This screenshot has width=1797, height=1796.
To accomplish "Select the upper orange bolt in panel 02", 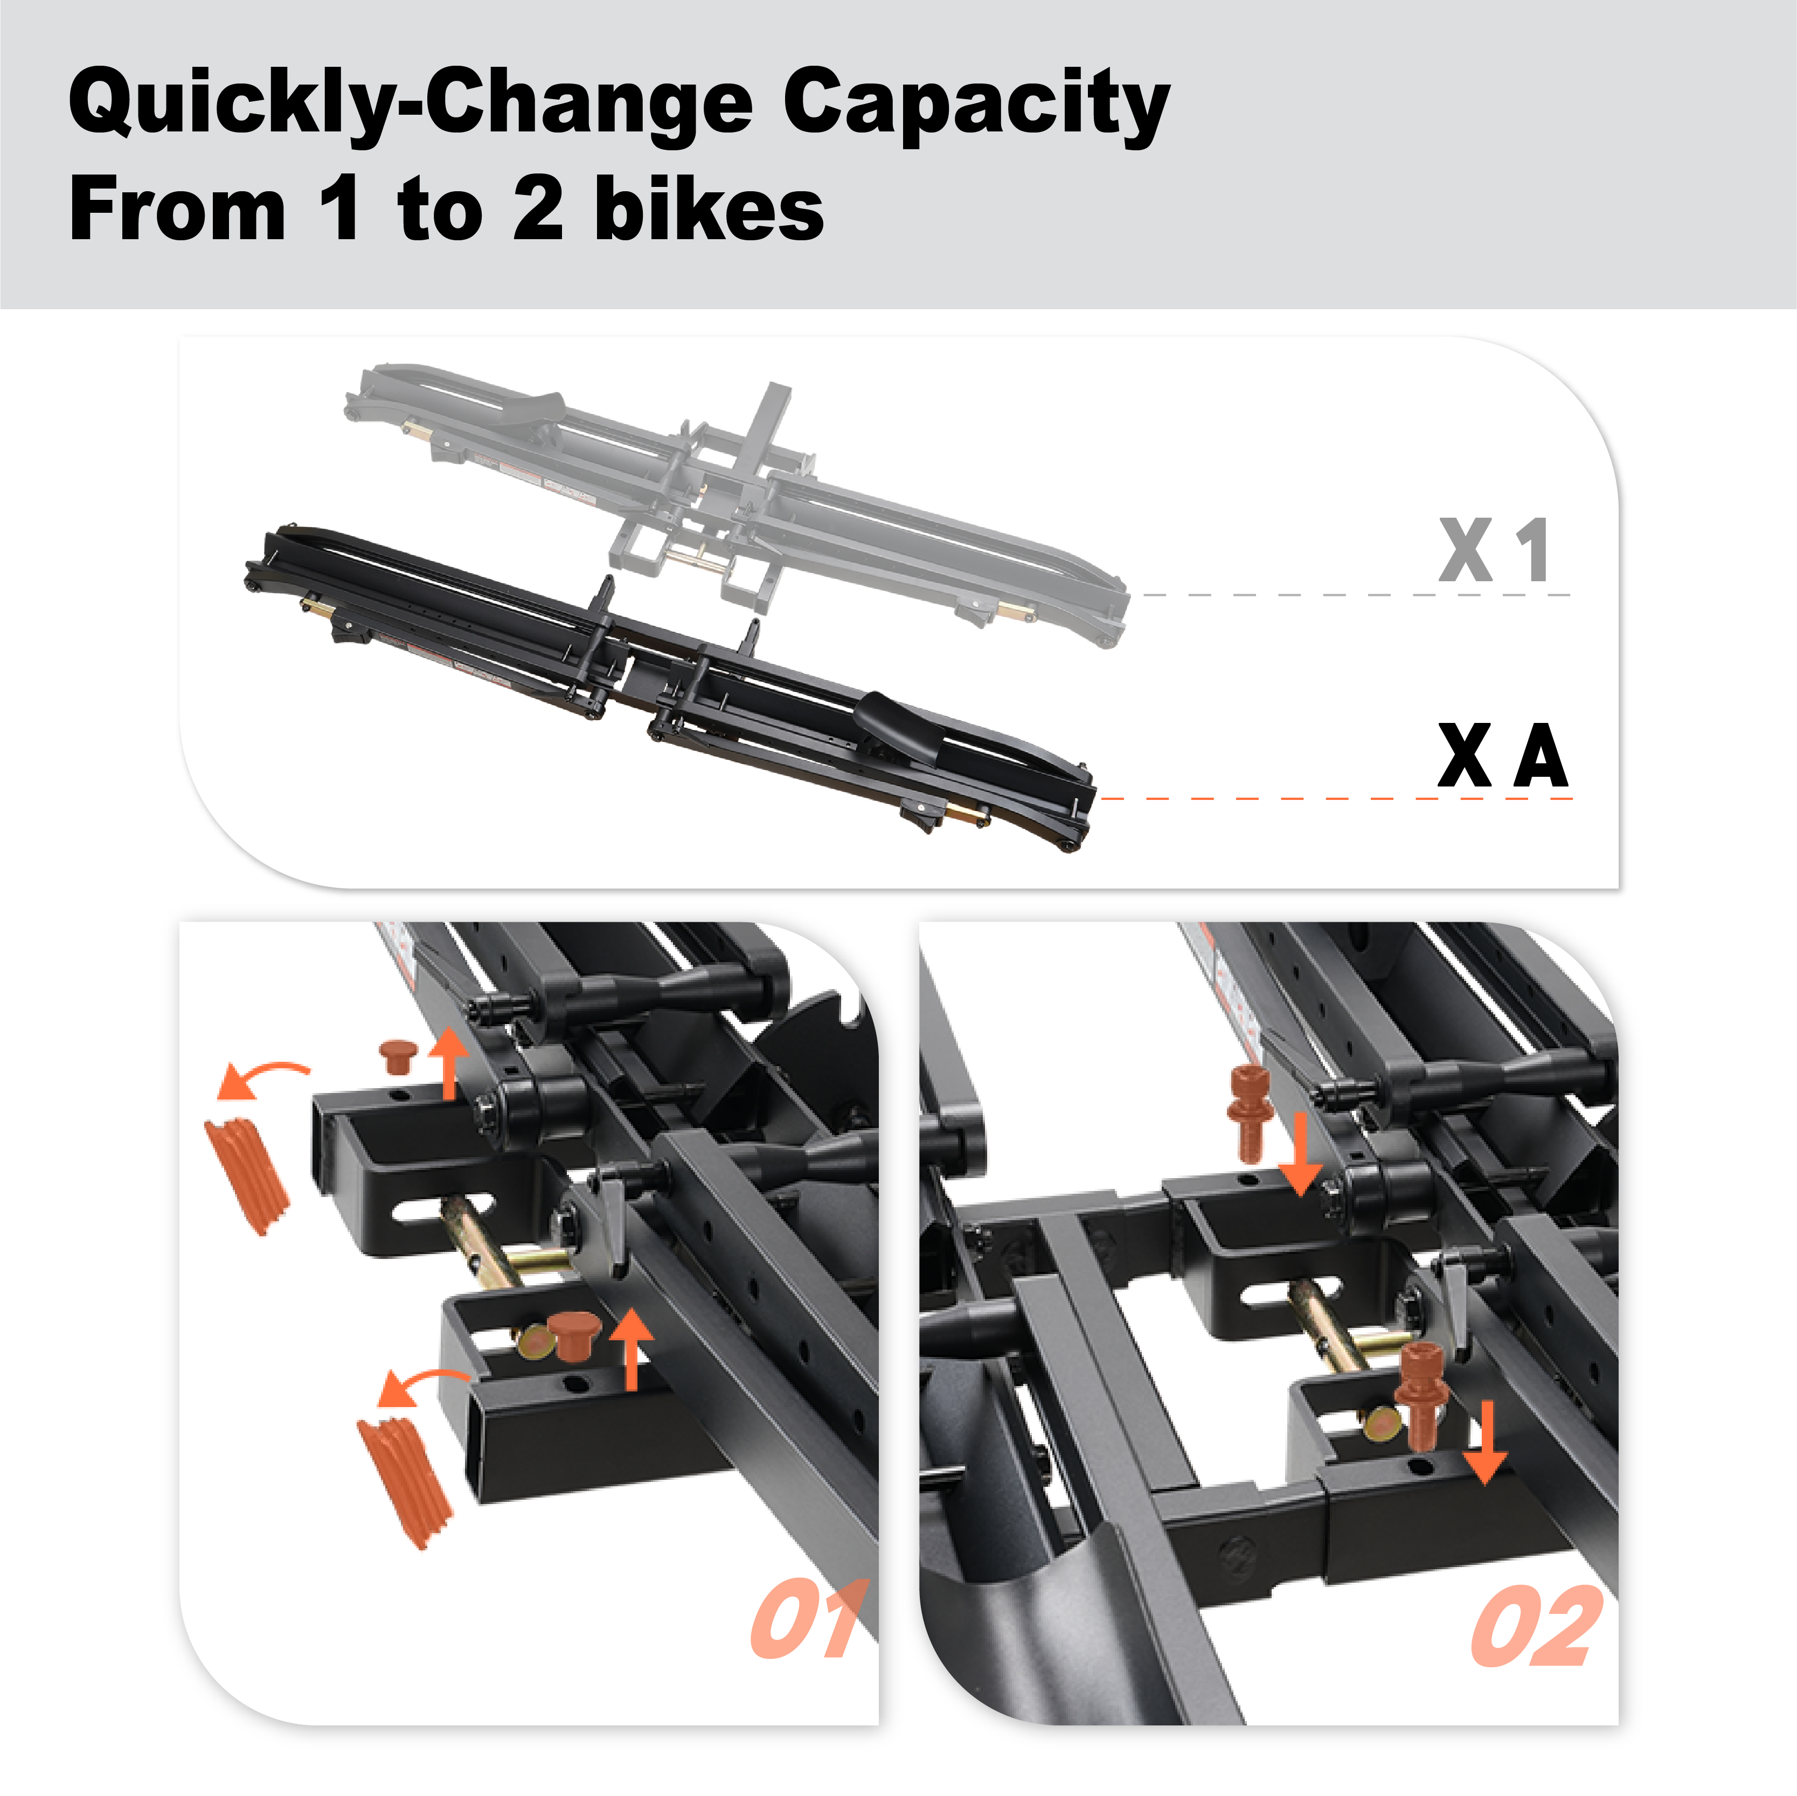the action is pos(1249,1111).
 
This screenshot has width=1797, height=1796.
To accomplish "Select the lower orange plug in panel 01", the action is pos(571,1335).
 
